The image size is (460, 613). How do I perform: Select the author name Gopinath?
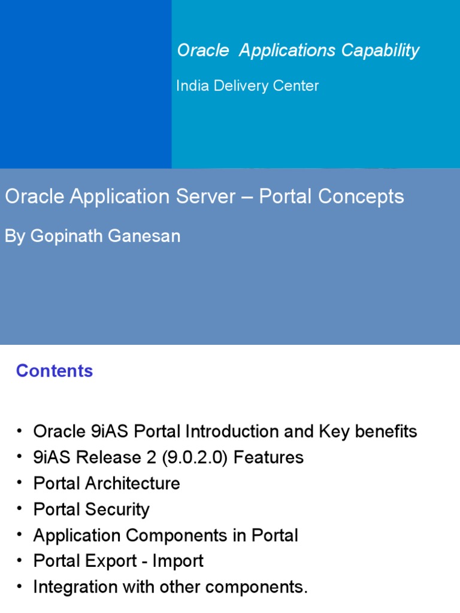pos(68,236)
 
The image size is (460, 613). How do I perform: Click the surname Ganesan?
pos(145,236)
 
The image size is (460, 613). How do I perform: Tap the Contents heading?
pos(55,371)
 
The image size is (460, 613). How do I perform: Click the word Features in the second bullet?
pos(268,458)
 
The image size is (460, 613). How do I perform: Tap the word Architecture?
pos(132,484)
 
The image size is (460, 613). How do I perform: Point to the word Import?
pos(178,561)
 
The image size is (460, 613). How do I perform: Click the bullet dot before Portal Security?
pos(19,509)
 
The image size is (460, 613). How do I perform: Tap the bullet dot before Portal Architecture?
pos(19,484)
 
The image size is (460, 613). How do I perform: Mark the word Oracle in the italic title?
pos(203,51)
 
